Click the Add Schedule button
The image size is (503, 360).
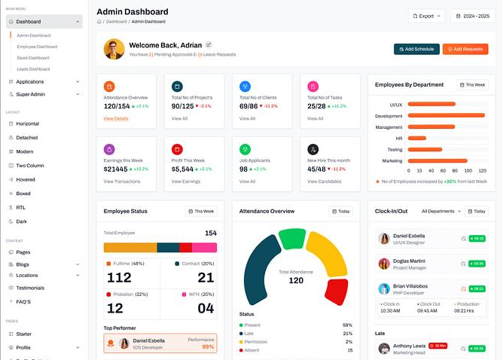[416, 49]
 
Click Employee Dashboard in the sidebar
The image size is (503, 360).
[37, 47]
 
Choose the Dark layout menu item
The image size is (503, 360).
[23, 221]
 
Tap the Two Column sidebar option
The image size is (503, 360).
[30, 165]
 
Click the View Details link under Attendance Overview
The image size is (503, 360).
[116, 118]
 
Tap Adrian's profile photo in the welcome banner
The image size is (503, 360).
[114, 50]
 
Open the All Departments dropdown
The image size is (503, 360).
[441, 212]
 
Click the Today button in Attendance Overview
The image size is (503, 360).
[340, 212]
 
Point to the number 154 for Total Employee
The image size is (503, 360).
[210, 233]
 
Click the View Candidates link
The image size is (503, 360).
[324, 182]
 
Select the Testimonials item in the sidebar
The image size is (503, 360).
[30, 288]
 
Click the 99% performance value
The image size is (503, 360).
[208, 346]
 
